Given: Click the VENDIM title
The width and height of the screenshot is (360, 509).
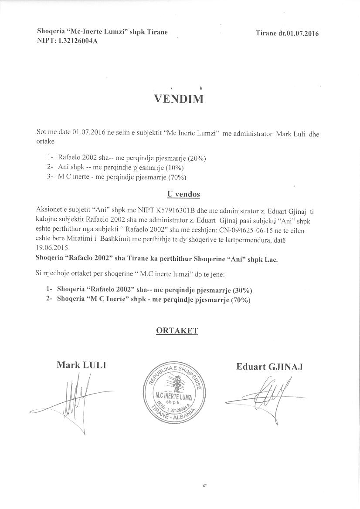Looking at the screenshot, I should pos(179,99).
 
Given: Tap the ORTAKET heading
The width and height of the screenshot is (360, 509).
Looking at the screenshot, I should pos(177,330).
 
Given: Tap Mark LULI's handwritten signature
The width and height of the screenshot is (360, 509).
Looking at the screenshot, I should pos(74,396).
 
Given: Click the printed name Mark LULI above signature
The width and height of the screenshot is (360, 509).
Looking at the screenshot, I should pos(82,365).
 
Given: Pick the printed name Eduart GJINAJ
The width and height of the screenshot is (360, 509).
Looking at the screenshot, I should pos(269,367).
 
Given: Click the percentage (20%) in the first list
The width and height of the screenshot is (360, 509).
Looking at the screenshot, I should pos(197,158).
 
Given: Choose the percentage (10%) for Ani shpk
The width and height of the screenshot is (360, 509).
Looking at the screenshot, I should pos(175,168).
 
